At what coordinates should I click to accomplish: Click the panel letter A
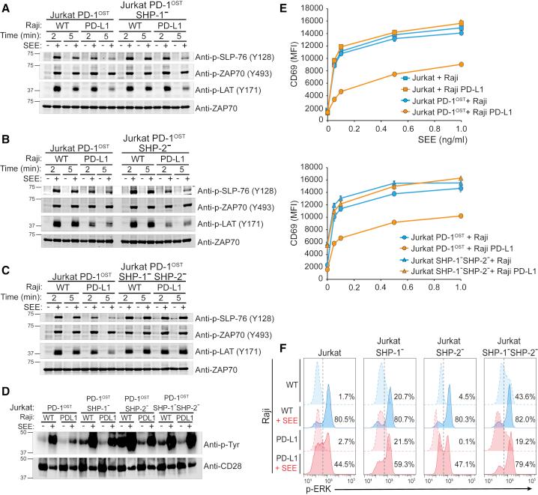(7, 7)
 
